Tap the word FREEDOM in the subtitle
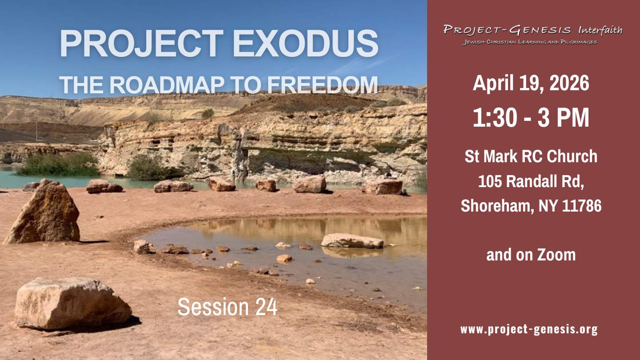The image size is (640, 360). (323, 85)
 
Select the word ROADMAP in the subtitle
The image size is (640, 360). (167, 85)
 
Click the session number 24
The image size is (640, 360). (266, 307)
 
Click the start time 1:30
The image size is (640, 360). (495, 117)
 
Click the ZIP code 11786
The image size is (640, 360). (584, 206)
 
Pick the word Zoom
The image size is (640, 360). (556, 255)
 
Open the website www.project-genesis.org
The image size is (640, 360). (529, 329)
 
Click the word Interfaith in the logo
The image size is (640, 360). (600, 30)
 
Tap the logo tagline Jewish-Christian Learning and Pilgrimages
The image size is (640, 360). (529, 42)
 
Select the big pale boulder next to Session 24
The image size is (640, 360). (72, 304)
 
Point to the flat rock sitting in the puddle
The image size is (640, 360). (352, 241)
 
